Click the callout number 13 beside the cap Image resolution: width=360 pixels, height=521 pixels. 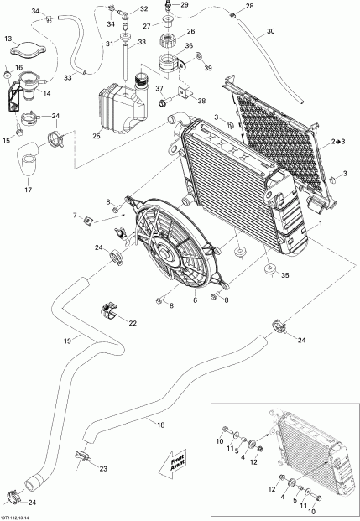(8, 39)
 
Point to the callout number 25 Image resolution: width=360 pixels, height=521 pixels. (97, 136)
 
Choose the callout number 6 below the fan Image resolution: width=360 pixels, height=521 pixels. (196, 300)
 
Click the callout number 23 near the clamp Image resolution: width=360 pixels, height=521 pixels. (103, 468)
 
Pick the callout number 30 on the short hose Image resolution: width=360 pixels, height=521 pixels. (269, 33)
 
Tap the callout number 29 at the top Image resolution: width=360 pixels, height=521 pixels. (185, 6)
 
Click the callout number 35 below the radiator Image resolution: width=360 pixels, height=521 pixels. (286, 274)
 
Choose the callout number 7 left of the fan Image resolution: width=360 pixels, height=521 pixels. (98, 216)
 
